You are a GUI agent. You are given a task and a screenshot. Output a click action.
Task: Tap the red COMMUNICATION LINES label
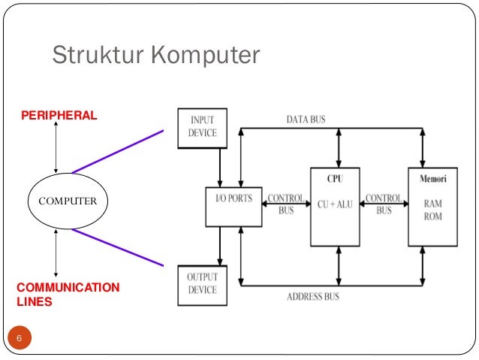(x=68, y=295)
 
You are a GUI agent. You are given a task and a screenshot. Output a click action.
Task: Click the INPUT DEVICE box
(x=202, y=127)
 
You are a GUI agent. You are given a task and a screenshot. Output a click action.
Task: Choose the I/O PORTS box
(x=233, y=207)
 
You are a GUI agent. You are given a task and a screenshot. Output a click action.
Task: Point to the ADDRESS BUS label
(x=313, y=296)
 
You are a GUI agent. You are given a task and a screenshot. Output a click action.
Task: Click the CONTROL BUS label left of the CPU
(x=286, y=204)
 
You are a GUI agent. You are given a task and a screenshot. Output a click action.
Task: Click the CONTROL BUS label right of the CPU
(x=384, y=204)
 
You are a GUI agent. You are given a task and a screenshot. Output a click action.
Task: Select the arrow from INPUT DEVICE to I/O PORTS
(x=220, y=166)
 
